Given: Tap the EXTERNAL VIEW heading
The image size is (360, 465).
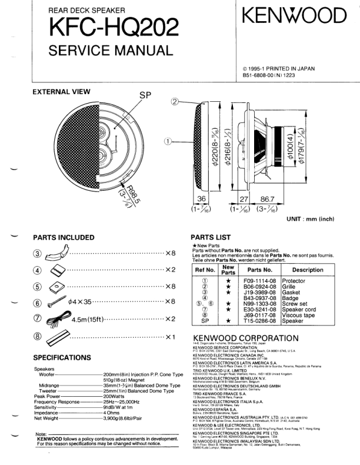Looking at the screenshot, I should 61,91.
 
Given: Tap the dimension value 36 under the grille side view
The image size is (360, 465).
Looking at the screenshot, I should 201,200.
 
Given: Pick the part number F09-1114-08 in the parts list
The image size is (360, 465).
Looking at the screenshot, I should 260,281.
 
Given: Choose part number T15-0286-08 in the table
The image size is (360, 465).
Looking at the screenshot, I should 260,321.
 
